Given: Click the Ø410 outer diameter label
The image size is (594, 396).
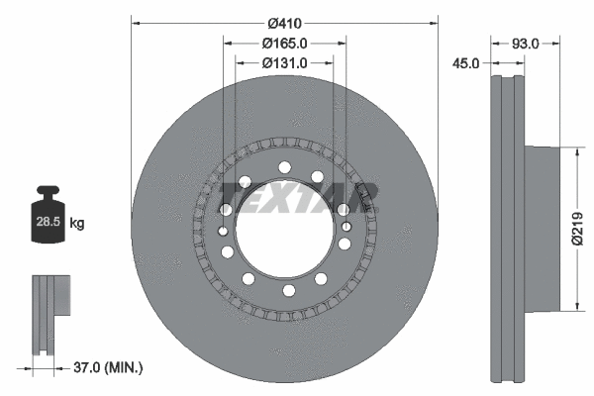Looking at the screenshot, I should click(x=285, y=22).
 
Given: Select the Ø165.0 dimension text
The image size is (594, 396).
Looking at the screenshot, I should click(x=285, y=43).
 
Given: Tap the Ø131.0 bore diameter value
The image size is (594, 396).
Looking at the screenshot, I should click(x=285, y=62).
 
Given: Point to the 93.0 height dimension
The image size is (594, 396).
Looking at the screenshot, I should click(x=525, y=43).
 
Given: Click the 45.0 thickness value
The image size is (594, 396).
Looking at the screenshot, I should click(x=464, y=62).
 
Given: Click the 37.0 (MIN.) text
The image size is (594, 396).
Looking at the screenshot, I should click(x=110, y=367).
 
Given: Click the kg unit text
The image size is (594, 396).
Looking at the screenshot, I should click(x=77, y=224).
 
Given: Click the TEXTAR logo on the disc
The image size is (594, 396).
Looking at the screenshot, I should click(x=297, y=196).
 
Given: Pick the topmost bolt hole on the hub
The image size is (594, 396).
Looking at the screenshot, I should click(x=284, y=167).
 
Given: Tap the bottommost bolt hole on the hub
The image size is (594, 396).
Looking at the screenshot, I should click(x=284, y=290).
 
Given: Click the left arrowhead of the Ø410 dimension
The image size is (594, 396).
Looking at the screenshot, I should click(x=136, y=22).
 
